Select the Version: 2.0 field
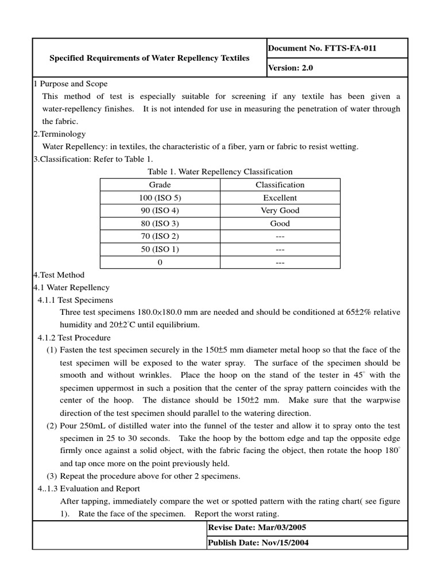[x=291, y=68]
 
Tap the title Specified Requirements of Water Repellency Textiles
[x=149, y=58]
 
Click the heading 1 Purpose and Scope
[x=70, y=84]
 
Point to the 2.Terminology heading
[x=60, y=134]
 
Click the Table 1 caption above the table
[x=220, y=172]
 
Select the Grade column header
[x=160, y=185]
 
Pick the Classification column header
[x=280, y=185]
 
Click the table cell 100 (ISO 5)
[x=160, y=198]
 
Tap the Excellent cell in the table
[x=280, y=198]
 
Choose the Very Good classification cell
[x=280, y=211]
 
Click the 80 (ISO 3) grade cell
[x=160, y=223]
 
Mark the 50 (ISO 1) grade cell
[x=160, y=249]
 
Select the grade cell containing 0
[x=160, y=262]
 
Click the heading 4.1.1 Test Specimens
[x=75, y=300]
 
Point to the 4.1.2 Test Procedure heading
[x=74, y=338]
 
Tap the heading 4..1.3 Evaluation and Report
[x=88, y=489]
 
